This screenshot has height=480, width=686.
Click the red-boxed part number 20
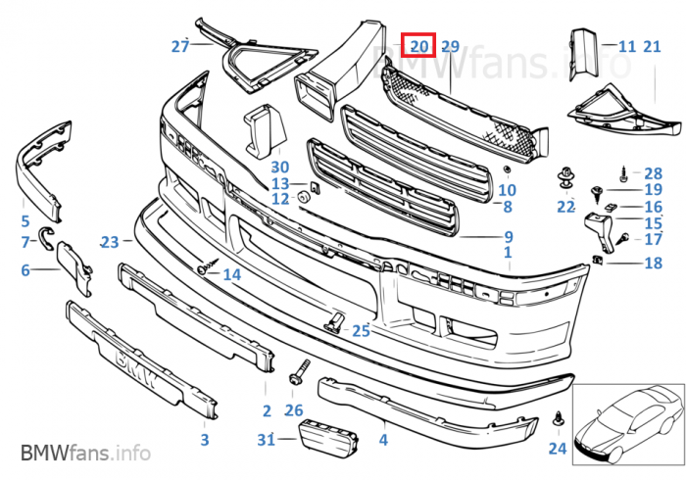[418, 45]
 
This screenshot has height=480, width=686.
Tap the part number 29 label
[450, 46]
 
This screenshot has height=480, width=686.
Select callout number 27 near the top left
[179, 46]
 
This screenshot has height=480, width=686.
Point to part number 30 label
[280, 167]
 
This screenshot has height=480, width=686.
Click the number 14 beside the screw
[231, 274]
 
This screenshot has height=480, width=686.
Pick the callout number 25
[361, 331]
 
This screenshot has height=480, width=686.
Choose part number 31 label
[266, 441]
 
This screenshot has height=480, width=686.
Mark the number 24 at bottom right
[557, 450]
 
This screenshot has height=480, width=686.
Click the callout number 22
[565, 206]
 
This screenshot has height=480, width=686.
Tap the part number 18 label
[653, 263]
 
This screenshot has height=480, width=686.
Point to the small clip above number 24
[558, 417]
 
